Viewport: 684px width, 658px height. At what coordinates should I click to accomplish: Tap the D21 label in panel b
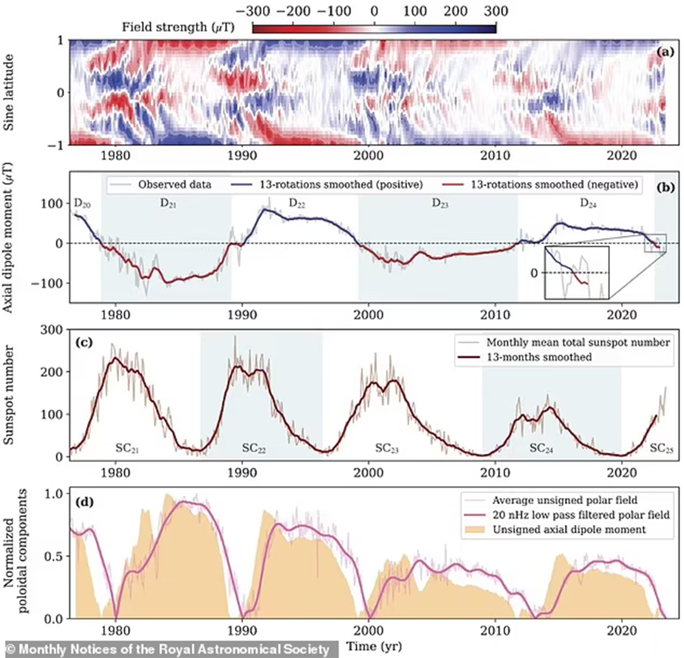coord(168,204)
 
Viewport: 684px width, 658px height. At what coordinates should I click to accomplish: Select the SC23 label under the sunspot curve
coord(387,448)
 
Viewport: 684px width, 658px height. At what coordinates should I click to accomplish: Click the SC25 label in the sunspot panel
coord(661,448)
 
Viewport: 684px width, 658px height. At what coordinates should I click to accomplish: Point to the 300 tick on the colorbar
coord(496,11)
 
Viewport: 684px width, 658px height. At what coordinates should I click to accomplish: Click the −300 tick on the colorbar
coord(253,11)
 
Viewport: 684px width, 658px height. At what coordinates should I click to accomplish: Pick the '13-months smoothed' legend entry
coord(539,357)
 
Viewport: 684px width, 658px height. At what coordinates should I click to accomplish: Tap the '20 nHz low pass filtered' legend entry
coord(581,515)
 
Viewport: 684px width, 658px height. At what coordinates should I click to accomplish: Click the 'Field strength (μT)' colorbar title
coord(178,27)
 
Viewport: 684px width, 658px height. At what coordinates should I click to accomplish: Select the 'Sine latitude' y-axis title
coord(9,92)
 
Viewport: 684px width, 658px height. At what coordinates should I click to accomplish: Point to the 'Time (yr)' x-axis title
coord(374,646)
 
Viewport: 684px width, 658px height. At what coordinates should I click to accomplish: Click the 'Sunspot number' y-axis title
coord(9,395)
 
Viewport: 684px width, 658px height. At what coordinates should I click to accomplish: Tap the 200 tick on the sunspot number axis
coord(52,372)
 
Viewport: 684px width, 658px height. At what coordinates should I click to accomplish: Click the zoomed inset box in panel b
coord(577,273)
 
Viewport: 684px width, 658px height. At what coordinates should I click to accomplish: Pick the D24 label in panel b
coord(588,204)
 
